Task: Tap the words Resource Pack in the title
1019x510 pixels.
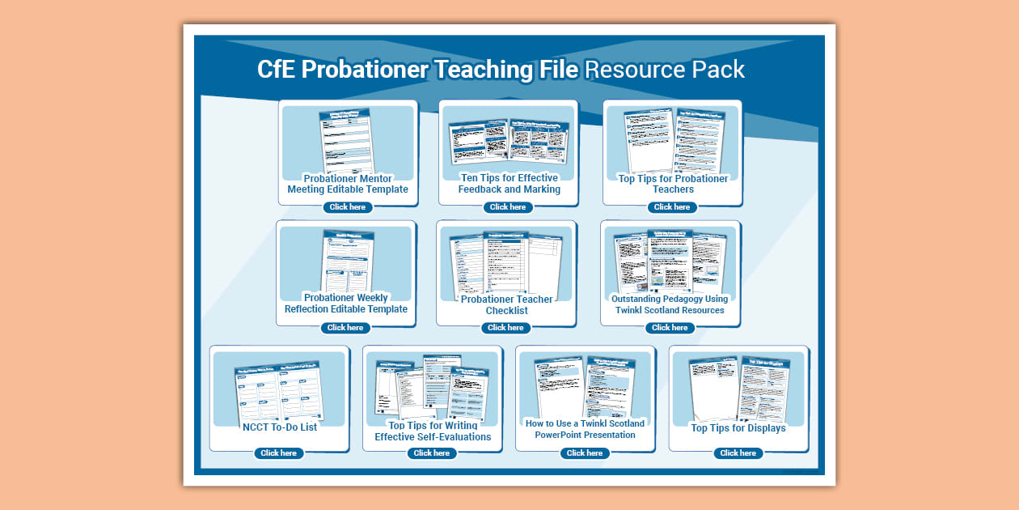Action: pyautogui.click(x=664, y=70)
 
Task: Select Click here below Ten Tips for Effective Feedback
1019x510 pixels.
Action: pyautogui.click(x=508, y=207)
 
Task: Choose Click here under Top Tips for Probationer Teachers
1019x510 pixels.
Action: pyautogui.click(x=672, y=207)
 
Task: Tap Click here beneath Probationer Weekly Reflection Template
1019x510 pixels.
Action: pyautogui.click(x=345, y=328)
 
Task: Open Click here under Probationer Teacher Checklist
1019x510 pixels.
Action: pyautogui.click(x=506, y=328)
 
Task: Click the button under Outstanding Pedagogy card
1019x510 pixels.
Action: pyautogui.click(x=670, y=328)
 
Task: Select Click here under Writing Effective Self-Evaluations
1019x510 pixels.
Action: pyautogui.click(x=432, y=453)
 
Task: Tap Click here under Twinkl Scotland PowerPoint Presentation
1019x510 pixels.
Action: pyautogui.click(x=585, y=453)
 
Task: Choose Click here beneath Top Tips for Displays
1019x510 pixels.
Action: pyautogui.click(x=738, y=453)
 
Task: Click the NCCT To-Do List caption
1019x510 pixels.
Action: pyautogui.click(x=280, y=427)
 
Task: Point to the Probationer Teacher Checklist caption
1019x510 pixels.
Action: pyautogui.click(x=507, y=304)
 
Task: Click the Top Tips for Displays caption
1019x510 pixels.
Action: pyautogui.click(x=738, y=428)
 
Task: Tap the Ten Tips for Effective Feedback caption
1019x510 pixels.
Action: pyautogui.click(x=509, y=184)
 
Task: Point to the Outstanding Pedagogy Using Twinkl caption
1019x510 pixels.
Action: pyautogui.click(x=670, y=304)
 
